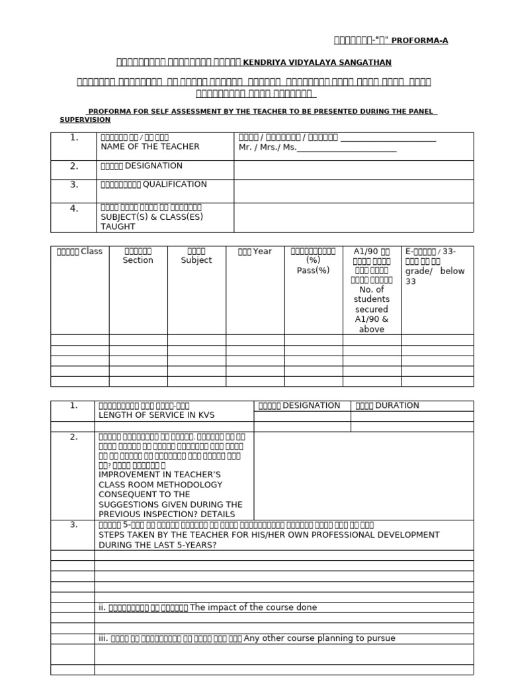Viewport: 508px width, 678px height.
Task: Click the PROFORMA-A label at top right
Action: [420, 40]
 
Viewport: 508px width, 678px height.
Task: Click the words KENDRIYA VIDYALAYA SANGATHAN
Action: [317, 62]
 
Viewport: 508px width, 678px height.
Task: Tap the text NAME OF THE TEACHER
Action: [149, 146]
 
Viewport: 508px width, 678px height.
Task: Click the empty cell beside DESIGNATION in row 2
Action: [353, 169]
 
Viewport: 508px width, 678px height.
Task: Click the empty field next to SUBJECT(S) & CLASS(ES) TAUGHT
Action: [353, 217]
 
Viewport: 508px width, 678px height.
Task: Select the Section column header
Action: [138, 260]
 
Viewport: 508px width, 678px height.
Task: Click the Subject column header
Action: [196, 260]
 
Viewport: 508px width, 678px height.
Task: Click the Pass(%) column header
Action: [313, 270]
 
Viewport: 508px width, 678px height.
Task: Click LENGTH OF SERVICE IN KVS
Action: [156, 415]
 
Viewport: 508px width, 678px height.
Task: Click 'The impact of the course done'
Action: [253, 607]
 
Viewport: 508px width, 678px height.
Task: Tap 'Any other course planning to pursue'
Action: [319, 638]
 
